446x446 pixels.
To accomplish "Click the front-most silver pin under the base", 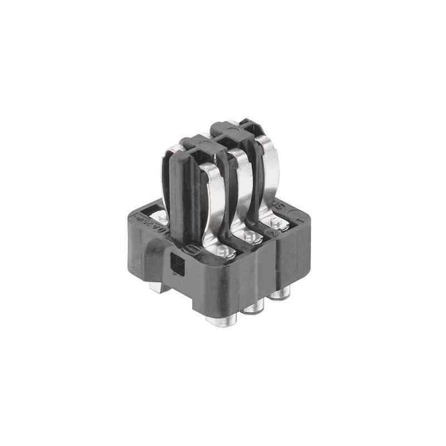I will [x=221, y=320].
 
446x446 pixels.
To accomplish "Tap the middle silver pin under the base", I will [x=254, y=306].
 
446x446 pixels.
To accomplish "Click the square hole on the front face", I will [x=178, y=264].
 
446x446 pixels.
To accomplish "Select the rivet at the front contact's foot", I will [x=222, y=252].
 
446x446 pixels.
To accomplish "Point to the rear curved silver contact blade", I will [x=269, y=167].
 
